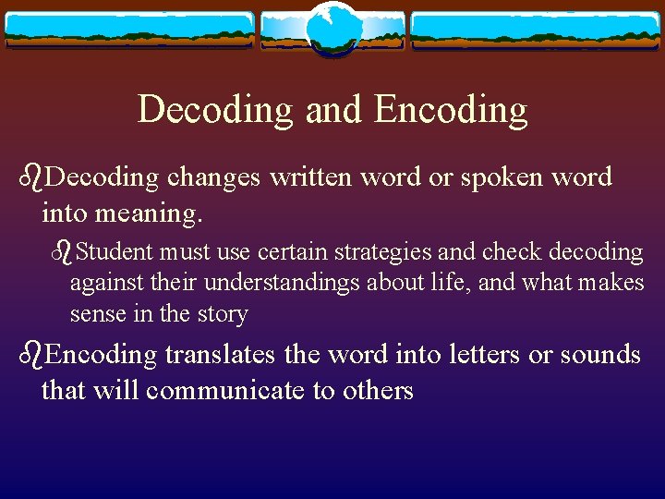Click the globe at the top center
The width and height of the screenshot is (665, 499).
(x=332, y=29)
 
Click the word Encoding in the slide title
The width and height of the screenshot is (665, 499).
(x=451, y=110)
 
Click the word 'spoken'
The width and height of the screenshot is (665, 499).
(x=499, y=177)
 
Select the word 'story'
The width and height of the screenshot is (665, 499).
(x=223, y=314)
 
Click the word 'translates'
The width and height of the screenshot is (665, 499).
(x=223, y=354)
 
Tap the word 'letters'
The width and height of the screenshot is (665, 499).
(x=473, y=354)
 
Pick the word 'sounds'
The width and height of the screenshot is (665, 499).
(x=597, y=354)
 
